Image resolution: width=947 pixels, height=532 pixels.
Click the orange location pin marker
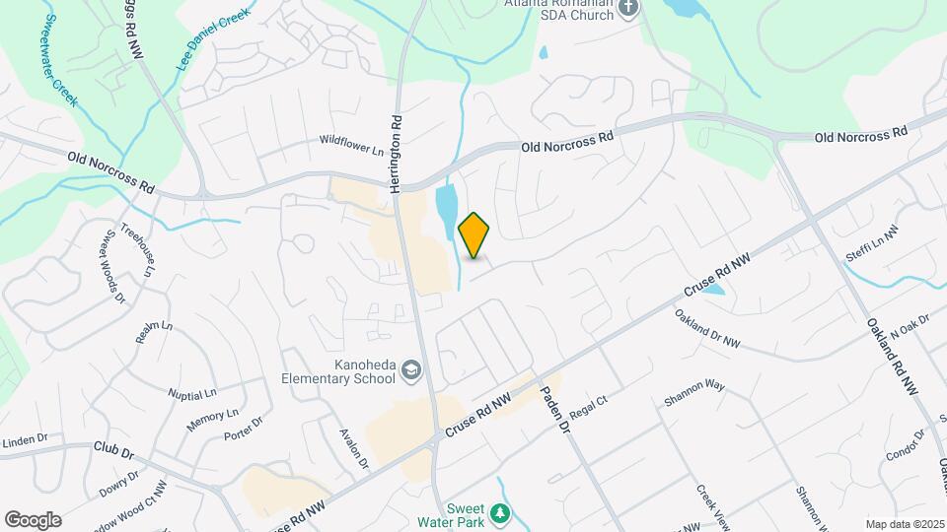(x=473, y=235)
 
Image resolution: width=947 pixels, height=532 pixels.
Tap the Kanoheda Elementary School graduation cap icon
(x=411, y=371)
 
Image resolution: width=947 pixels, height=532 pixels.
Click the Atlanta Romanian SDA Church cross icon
(x=628, y=9)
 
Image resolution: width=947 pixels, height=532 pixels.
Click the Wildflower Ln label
(x=350, y=144)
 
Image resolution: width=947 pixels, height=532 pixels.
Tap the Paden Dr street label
(x=552, y=409)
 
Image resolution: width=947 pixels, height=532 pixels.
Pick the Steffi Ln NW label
(x=872, y=243)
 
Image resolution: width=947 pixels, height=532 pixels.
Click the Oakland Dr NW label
(x=707, y=329)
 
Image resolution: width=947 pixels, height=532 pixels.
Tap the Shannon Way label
(x=694, y=394)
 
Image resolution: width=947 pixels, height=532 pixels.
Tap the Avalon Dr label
(x=353, y=448)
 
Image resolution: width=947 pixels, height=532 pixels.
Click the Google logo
(x=34, y=519)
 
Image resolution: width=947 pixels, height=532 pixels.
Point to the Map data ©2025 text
(x=904, y=524)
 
